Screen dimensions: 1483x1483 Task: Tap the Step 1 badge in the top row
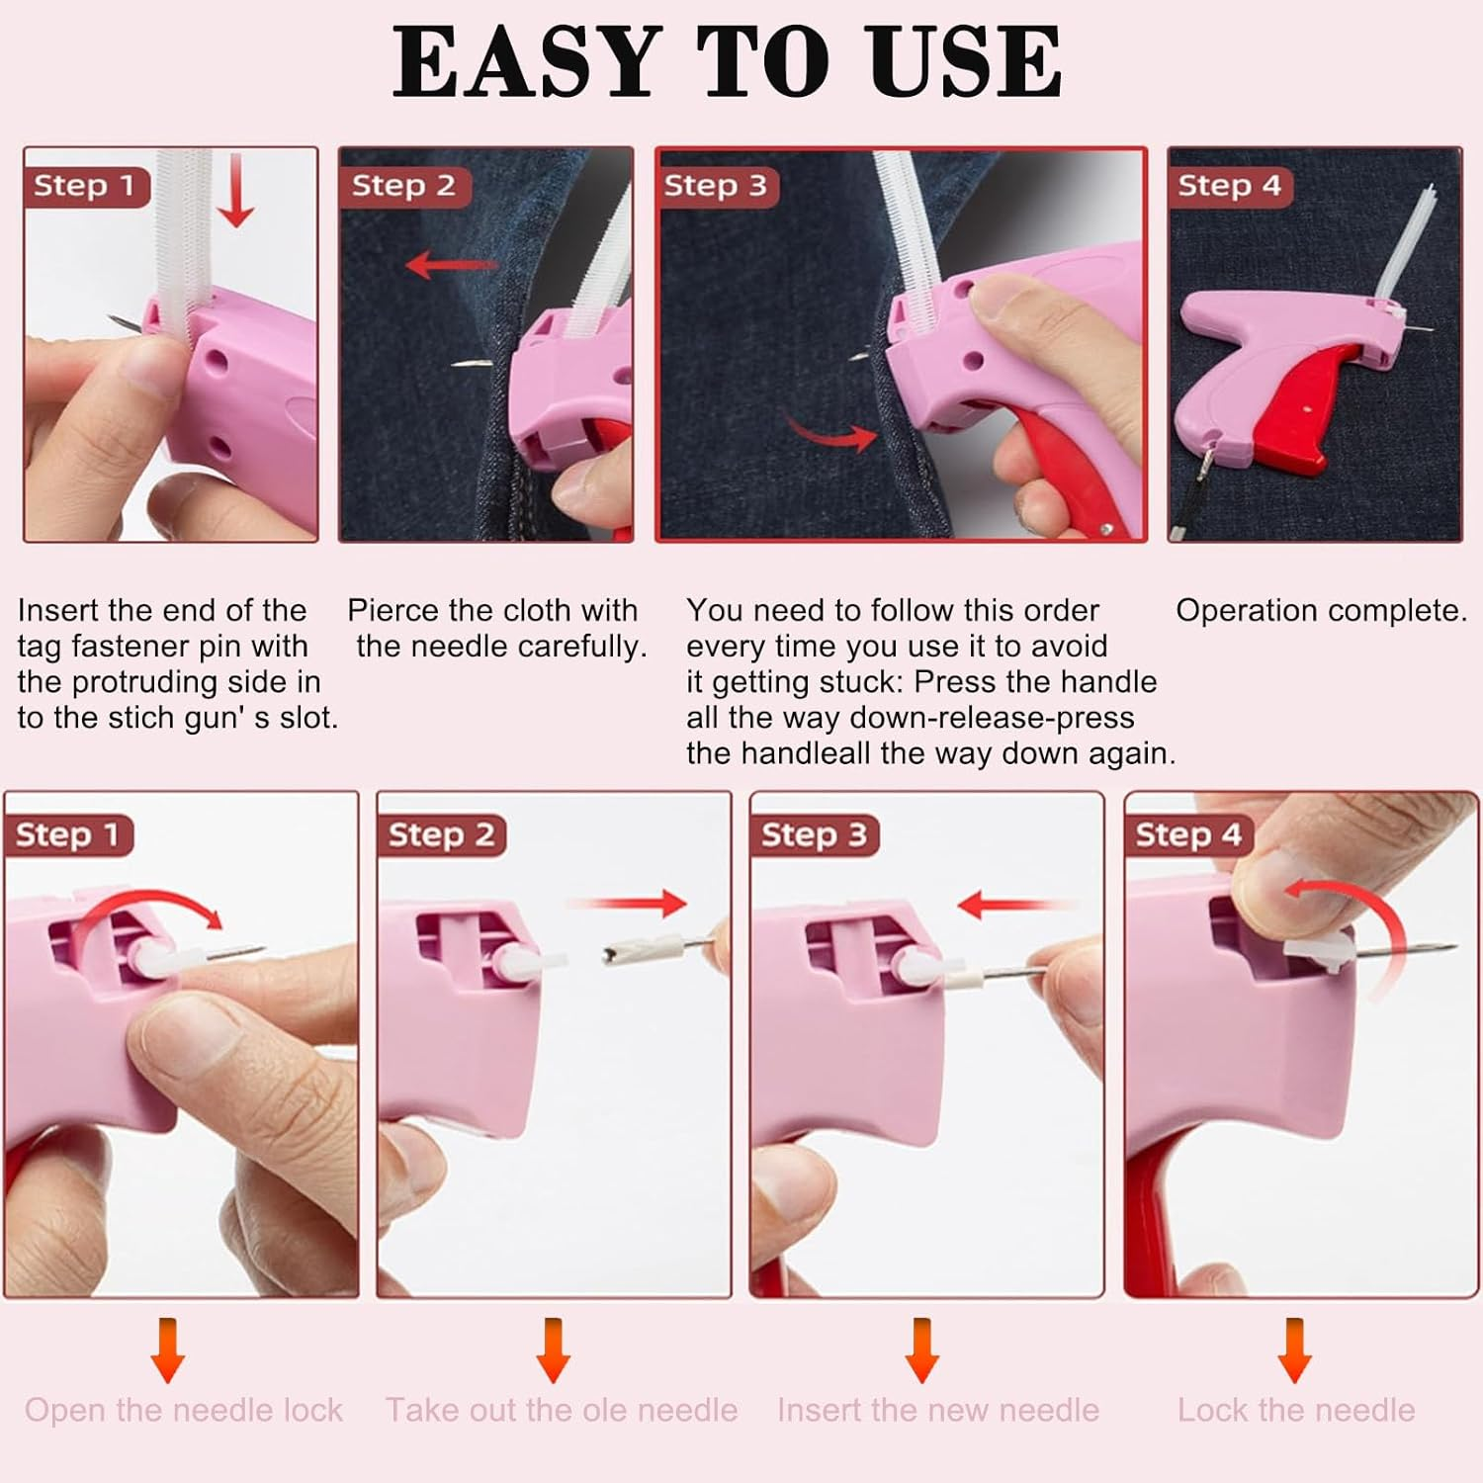point(85,186)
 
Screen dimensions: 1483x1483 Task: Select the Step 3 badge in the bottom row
point(814,835)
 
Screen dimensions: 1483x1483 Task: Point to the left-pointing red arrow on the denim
point(450,265)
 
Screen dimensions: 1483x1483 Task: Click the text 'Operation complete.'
point(1321,611)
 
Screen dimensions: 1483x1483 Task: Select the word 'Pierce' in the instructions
point(392,611)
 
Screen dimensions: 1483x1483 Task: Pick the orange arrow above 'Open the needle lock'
point(168,1350)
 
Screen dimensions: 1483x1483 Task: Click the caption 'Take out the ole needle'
point(562,1410)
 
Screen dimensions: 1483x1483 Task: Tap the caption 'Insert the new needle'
point(938,1410)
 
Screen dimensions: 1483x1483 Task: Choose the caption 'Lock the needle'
point(1296,1410)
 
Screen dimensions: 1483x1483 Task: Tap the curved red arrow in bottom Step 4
point(1354,910)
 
